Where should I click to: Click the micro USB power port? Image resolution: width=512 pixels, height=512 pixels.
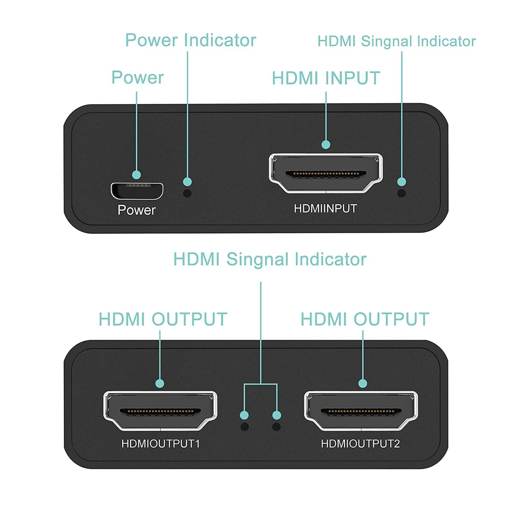coord(137,191)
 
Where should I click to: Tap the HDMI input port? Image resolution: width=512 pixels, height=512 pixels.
coord(326,173)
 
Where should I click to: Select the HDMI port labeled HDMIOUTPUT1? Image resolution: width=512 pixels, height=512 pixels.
coord(160,411)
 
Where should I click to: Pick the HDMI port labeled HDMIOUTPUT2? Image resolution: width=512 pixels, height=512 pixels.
coord(361,411)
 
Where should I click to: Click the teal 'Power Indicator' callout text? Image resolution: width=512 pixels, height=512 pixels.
coord(191,40)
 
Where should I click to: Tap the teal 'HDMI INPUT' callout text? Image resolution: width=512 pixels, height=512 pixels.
coord(326,78)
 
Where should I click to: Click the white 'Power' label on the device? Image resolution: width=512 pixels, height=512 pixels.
coord(136,210)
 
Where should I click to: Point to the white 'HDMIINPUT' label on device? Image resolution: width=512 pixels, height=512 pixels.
coord(325,209)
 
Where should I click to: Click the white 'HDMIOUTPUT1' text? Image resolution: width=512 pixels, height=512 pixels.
coord(161,444)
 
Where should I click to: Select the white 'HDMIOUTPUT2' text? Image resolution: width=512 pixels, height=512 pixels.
coord(360,444)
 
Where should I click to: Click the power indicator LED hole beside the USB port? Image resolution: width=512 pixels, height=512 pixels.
coord(187,193)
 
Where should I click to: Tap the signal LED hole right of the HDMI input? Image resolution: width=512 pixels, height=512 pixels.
coord(401,193)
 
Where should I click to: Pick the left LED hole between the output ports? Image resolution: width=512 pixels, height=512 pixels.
coord(244,427)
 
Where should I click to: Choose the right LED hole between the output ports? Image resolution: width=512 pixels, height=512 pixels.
coord(276,427)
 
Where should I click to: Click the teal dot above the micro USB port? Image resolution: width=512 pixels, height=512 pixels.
coord(136,175)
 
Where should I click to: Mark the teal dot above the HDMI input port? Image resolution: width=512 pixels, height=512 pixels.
coord(326,145)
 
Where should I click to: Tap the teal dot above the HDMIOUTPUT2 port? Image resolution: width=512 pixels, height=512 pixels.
coord(362,383)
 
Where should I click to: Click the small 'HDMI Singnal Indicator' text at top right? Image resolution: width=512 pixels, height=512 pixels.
coord(396,41)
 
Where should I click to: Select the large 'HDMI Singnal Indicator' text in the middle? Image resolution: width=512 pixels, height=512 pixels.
coord(270,259)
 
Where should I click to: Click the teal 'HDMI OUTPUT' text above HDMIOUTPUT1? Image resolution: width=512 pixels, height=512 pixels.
coord(163,319)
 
